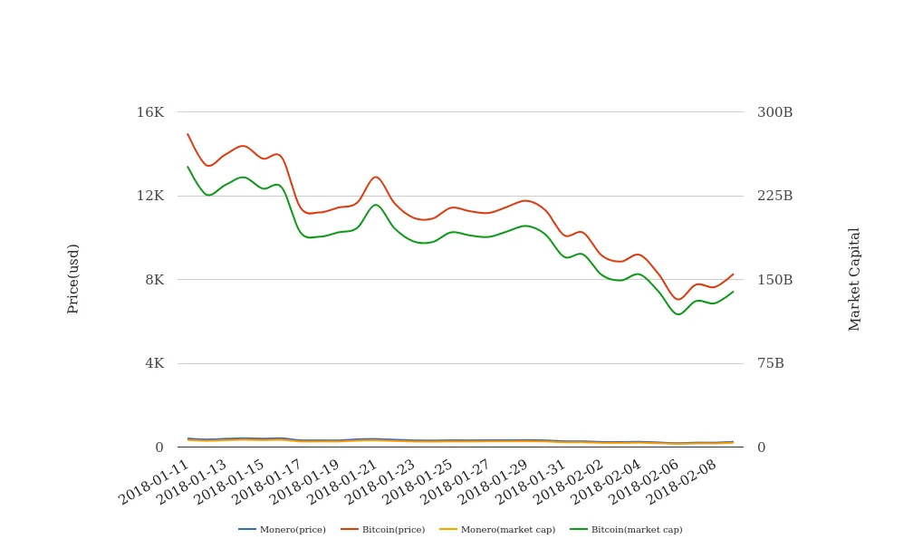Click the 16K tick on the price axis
150,112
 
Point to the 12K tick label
150,196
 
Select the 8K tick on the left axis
154,280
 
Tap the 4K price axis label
154,363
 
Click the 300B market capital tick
774,112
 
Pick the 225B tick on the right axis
774,196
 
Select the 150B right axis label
774,280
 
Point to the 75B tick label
771,363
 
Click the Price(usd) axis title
73,278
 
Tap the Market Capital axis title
855,279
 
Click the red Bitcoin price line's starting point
187,134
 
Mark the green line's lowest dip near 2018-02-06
677,314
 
